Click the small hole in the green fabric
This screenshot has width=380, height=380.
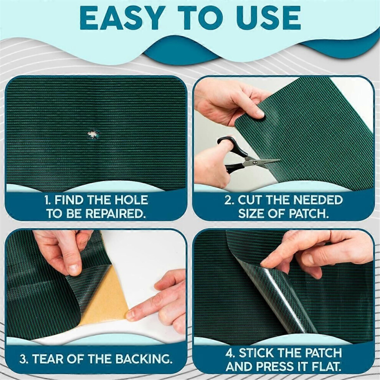coord(93,134)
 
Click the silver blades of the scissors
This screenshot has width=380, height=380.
coord(263,161)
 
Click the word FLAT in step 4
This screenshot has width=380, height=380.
coord(324,367)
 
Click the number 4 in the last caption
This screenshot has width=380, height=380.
coord(230,354)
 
